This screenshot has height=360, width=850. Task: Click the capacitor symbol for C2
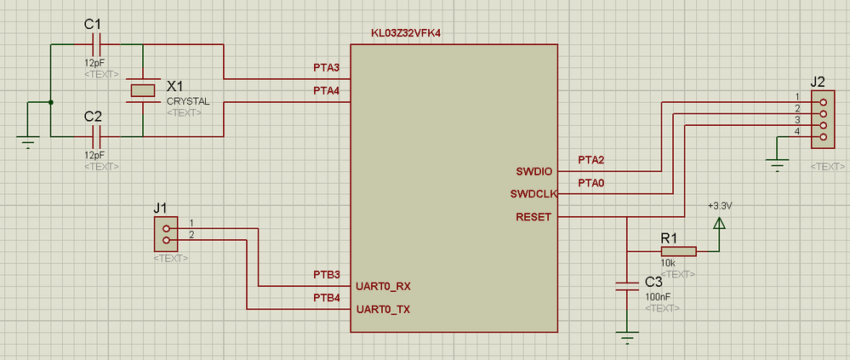pos(97,135)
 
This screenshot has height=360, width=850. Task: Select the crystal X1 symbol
pos(142,90)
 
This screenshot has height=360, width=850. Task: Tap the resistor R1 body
pos(678,251)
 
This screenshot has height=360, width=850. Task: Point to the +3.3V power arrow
pos(719,224)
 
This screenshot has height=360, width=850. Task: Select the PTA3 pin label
pos(327,67)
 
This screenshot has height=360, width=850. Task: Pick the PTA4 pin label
pos(327,90)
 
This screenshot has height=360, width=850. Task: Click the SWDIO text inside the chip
pos(534,172)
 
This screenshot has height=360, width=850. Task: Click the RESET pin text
pos(533,217)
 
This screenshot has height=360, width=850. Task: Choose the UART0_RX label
pos(382,286)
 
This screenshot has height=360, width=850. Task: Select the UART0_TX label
pos(382,309)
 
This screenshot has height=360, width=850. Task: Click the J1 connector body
pos(165,234)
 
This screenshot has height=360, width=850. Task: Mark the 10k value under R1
pos(668,264)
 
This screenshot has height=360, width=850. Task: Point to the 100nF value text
pos(659,296)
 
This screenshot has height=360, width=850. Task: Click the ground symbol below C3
pos(627,338)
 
